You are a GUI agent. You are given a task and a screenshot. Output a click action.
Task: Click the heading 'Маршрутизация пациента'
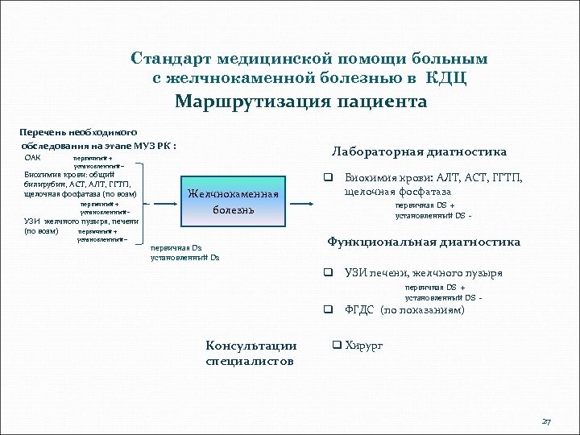click(301, 102)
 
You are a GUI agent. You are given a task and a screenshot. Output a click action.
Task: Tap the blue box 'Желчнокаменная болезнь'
click(233, 201)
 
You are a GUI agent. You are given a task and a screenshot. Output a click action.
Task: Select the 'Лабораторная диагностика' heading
click(419, 151)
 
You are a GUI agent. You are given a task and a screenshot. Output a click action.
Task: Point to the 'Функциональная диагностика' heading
click(423, 242)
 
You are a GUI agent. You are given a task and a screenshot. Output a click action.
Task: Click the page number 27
click(547, 422)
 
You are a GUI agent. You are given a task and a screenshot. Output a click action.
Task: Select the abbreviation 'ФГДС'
click(359, 309)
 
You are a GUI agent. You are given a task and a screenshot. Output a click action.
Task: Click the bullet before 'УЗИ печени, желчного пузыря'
click(329, 273)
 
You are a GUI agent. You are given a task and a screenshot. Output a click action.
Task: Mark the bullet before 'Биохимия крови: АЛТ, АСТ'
click(329, 178)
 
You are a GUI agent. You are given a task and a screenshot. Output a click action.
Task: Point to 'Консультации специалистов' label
click(251, 354)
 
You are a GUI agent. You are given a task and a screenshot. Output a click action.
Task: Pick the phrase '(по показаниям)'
click(422, 309)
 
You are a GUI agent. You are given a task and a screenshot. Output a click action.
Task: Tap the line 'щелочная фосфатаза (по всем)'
click(81, 194)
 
